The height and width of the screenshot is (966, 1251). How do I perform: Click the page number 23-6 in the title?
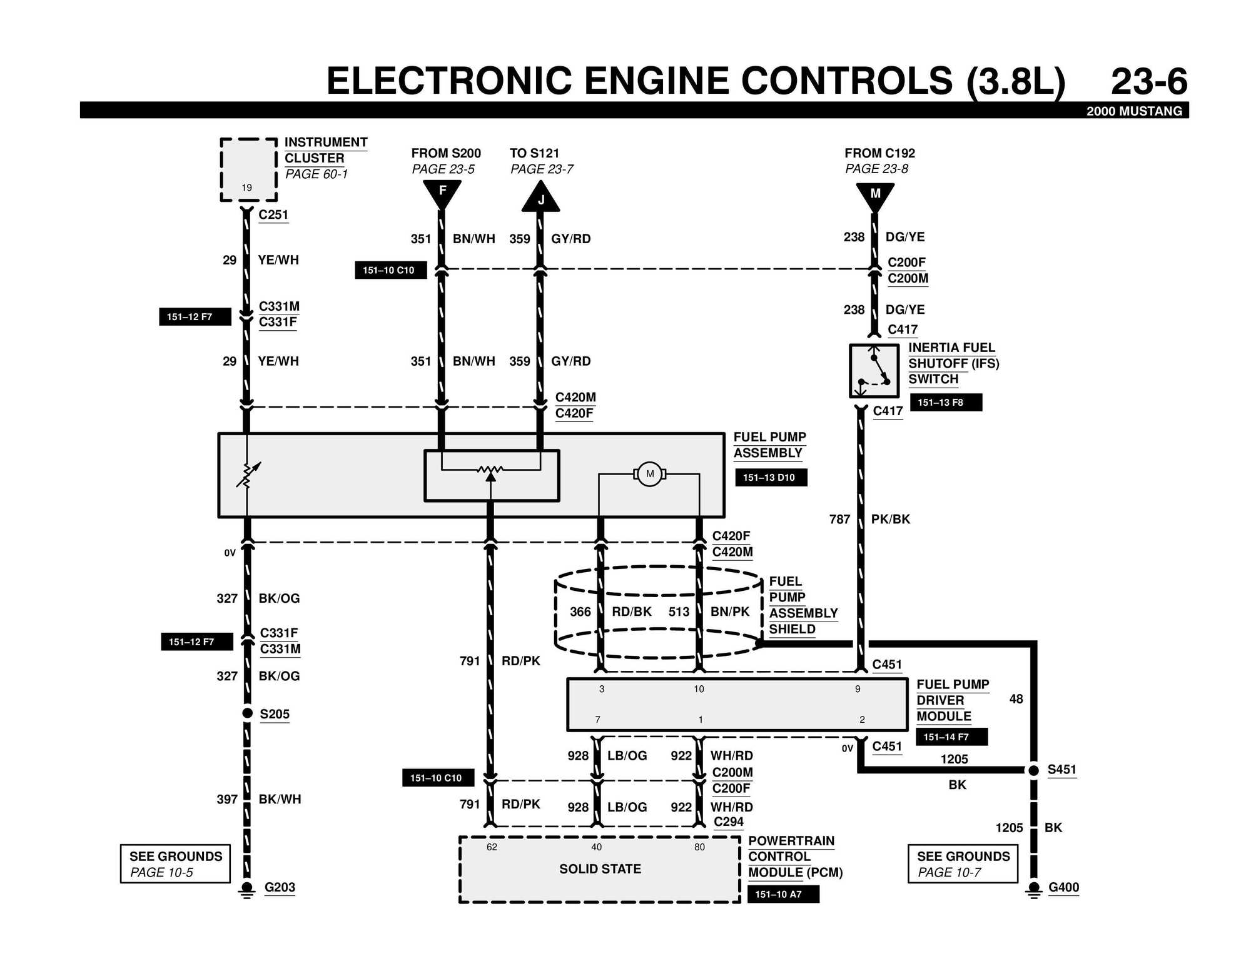(1148, 82)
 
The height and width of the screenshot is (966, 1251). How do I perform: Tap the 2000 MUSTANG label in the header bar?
(1134, 111)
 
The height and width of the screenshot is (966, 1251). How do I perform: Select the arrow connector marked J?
(540, 198)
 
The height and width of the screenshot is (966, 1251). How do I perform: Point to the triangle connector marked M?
(875, 195)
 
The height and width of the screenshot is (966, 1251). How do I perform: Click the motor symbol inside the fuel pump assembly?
(650, 474)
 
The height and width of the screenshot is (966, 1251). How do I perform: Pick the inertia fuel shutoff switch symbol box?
(874, 370)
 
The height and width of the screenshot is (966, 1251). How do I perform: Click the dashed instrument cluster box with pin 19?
(248, 169)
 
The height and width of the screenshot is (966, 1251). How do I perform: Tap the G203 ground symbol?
(247, 888)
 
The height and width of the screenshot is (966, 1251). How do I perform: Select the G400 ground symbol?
(1034, 888)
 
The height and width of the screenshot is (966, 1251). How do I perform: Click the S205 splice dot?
(248, 713)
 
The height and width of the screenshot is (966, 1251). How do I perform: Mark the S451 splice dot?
(1034, 770)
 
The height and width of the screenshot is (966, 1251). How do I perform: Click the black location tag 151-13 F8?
(946, 403)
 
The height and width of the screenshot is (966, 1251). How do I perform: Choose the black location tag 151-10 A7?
(783, 894)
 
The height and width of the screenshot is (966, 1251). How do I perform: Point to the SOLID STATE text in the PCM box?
(600, 869)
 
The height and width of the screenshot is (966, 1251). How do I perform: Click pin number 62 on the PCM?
(492, 847)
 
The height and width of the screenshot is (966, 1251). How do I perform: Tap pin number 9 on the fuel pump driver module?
(858, 689)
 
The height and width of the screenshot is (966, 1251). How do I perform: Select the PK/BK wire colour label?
(891, 519)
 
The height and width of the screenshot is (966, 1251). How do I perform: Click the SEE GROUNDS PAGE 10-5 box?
(175, 863)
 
